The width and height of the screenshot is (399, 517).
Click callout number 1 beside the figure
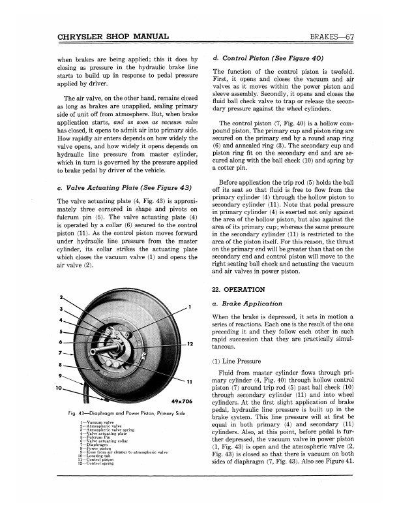tap(189, 307)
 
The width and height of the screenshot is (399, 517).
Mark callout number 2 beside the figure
tap(61, 300)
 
